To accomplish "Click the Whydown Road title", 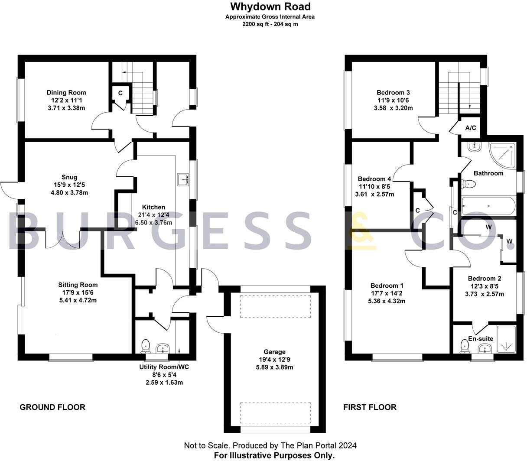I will tap(270, 6).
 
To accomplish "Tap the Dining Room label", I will tap(66, 92).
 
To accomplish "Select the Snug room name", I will tap(69, 177).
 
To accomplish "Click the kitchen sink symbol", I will tap(182, 179).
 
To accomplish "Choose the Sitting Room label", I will tap(78, 285).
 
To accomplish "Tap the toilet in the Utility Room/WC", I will tap(146, 346).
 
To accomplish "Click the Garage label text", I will tap(274, 352).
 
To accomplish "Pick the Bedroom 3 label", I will tap(393, 92).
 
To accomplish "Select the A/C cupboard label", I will tap(471, 128).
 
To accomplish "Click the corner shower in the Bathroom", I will tap(503, 156).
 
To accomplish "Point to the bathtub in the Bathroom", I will tap(488, 206).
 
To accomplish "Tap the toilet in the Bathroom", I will tap(469, 184).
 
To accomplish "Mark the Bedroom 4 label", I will tap(374, 179).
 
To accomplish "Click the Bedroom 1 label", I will tap(387, 286).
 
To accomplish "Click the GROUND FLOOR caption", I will tap(52, 407).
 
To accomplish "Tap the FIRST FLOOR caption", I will tap(370, 407).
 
